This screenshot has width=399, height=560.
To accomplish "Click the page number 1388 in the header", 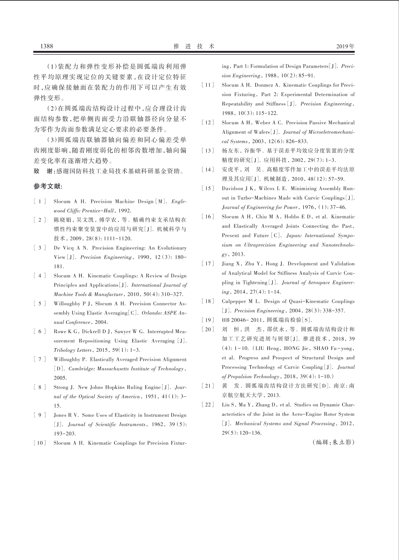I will (x=47, y=46).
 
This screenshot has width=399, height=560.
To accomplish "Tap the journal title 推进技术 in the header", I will (x=194, y=46).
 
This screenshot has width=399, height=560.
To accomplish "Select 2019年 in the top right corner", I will (x=345, y=46).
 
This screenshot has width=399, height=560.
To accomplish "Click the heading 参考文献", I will (x=48, y=187).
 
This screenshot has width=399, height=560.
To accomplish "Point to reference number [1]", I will (x=39, y=201).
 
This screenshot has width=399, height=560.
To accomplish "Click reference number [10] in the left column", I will (x=39, y=443).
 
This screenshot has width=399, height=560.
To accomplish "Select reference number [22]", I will (x=208, y=405).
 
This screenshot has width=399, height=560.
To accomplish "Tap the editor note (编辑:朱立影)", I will (x=333, y=442).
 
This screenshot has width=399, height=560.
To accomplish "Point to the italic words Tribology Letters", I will (x=70, y=350).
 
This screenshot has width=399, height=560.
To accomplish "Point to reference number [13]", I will (x=208, y=151).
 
